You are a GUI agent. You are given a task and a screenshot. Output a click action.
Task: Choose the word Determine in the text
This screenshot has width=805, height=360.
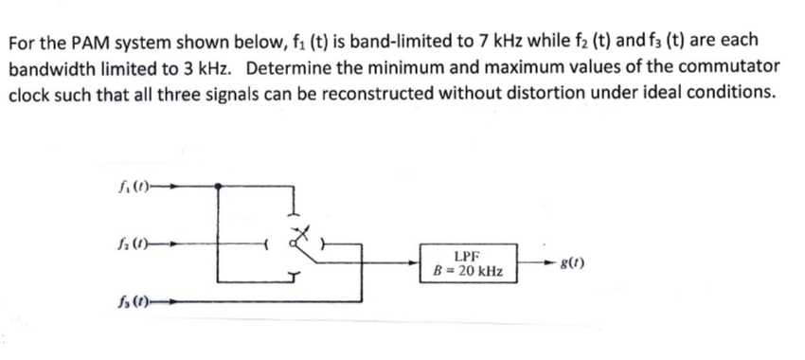point(293,68)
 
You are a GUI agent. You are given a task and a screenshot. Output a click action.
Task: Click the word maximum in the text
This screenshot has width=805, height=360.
point(524,68)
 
